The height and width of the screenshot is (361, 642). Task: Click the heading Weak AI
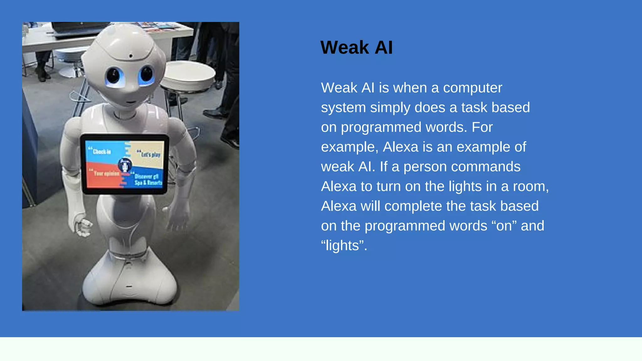point(356,48)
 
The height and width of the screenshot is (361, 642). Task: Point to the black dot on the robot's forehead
point(131,56)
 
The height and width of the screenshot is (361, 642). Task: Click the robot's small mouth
point(131,102)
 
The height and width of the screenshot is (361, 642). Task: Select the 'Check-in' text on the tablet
point(101,152)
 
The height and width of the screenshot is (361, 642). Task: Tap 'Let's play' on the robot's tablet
point(150,154)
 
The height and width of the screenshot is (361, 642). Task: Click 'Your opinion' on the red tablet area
point(106,173)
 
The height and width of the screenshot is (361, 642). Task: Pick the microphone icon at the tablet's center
point(125,165)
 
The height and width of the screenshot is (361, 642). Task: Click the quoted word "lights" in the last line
point(344,246)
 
